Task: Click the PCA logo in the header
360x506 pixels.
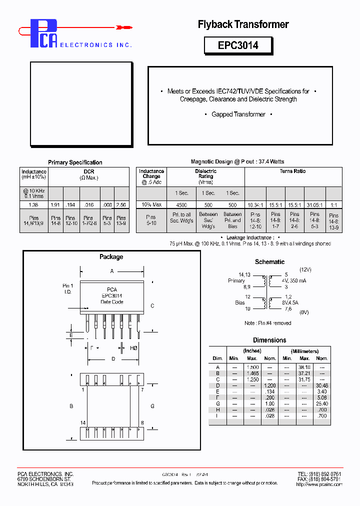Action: click(44, 34)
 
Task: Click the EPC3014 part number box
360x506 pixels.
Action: click(238, 45)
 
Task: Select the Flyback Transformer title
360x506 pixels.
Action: click(243, 24)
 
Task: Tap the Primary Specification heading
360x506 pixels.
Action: click(75, 162)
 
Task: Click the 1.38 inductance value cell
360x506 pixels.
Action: click(33, 205)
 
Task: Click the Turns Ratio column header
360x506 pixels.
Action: click(293, 171)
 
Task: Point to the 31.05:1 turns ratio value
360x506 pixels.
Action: click(314, 205)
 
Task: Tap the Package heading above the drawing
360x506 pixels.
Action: click(111, 257)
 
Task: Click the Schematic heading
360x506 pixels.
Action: click(269, 262)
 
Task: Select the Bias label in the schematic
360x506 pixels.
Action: click(240, 302)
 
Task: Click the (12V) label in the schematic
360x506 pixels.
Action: click(305, 269)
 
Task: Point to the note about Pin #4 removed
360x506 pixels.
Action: click(268, 323)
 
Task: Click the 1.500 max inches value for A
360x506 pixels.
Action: click(252, 367)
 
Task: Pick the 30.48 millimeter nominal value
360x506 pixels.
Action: click(321, 385)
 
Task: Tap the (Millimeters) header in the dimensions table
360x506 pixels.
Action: click(304, 351)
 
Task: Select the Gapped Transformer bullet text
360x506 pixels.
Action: click(238, 114)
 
